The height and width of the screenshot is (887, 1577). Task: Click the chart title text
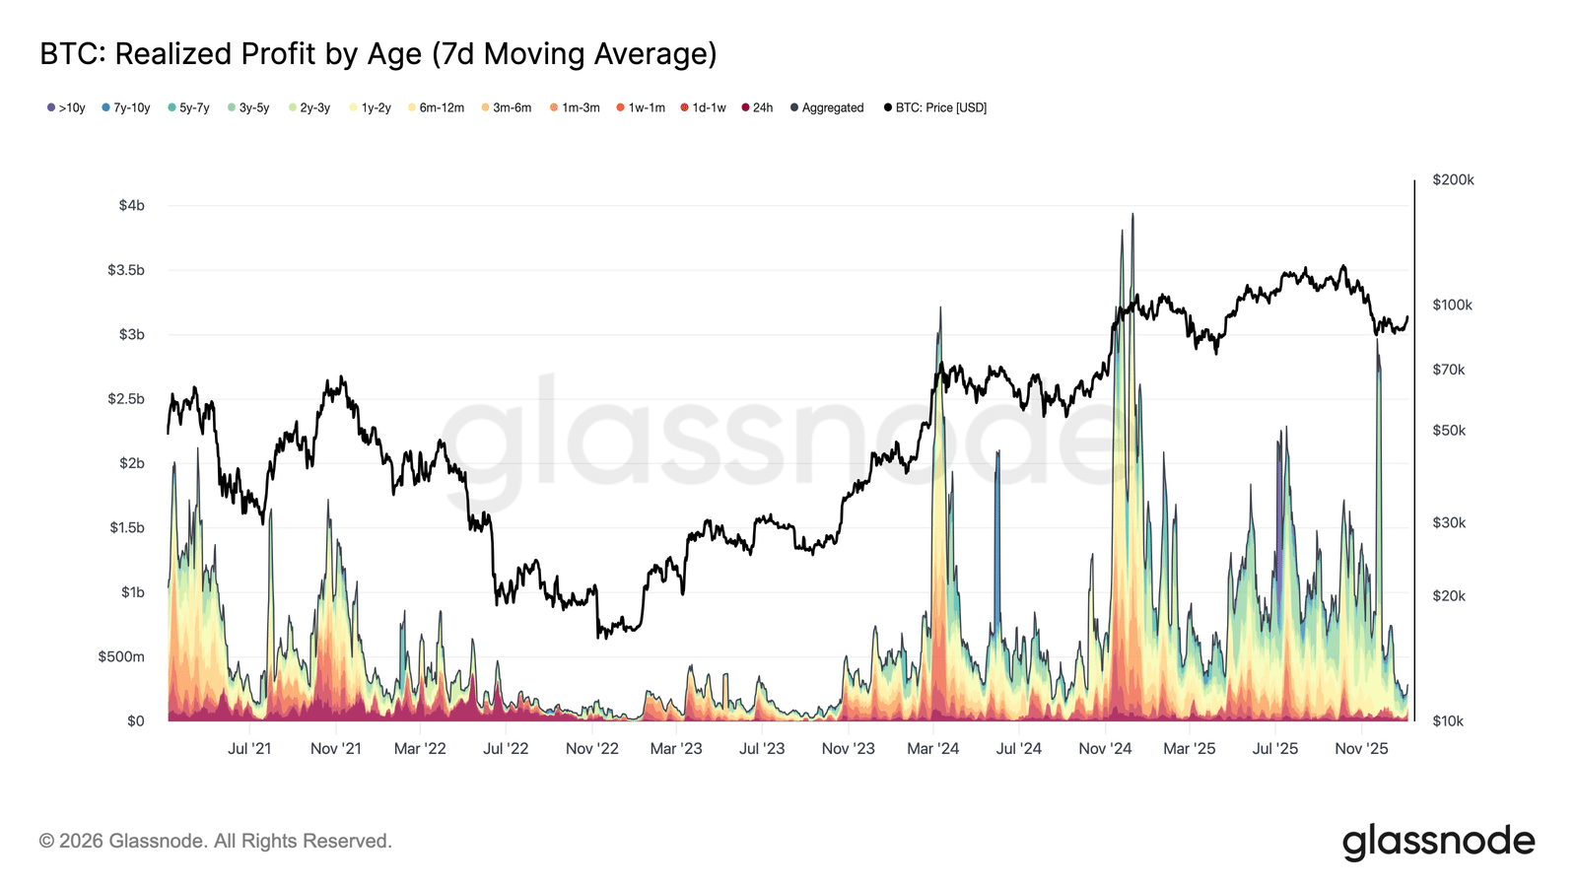[377, 53]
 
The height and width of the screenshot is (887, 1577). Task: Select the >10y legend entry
[66, 107]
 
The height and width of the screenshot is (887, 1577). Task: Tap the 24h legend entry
[757, 107]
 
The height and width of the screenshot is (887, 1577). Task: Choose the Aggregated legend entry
[827, 107]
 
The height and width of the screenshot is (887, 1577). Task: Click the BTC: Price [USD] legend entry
[935, 107]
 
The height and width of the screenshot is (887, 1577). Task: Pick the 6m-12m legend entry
[436, 107]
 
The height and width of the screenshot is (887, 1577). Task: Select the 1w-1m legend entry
[641, 107]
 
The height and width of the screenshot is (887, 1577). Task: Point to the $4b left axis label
[131, 205]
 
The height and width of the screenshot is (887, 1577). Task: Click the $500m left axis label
[121, 656]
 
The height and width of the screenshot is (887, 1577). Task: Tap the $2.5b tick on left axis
[126, 398]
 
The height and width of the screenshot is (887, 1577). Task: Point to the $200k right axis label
[1453, 179]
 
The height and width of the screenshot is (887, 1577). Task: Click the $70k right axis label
[1449, 370]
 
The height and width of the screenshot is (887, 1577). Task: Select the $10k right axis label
[1448, 720]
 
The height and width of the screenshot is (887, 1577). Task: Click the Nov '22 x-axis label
[592, 748]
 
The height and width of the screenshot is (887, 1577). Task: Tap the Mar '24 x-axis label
[933, 748]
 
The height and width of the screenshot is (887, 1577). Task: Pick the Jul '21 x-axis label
[249, 748]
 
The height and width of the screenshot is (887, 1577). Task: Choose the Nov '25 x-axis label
[1361, 748]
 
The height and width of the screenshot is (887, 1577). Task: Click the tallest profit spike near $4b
[1132, 217]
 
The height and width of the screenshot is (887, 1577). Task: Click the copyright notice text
[216, 841]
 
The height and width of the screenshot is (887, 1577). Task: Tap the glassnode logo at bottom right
[1438, 842]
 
